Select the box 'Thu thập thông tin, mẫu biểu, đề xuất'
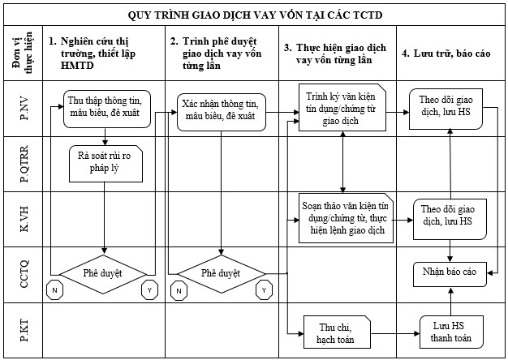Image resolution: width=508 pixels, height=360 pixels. pos(105,107)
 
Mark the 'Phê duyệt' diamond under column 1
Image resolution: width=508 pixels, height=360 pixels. pos(105,273)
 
